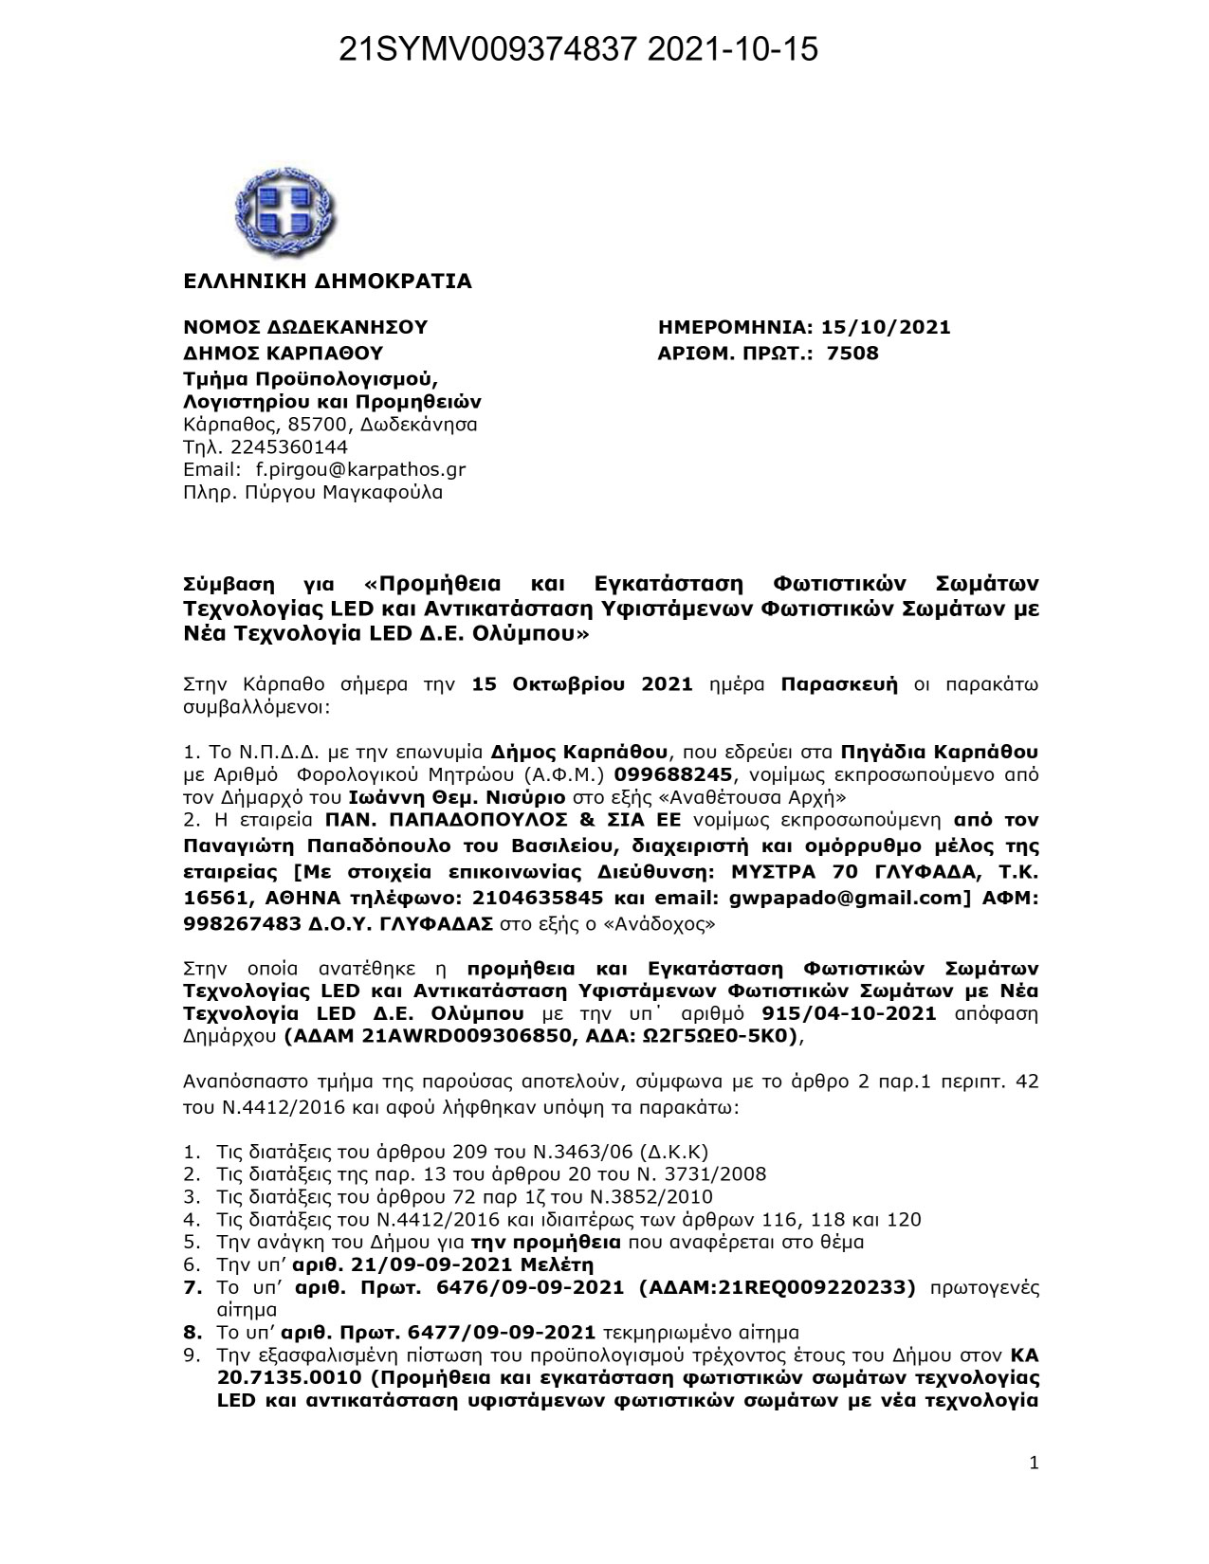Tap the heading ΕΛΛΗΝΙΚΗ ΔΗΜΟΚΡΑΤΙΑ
[327, 282]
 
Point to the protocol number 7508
[853, 354]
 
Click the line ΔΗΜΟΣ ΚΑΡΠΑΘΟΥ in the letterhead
[283, 354]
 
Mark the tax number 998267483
[243, 922]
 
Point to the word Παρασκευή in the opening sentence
[839, 684]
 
